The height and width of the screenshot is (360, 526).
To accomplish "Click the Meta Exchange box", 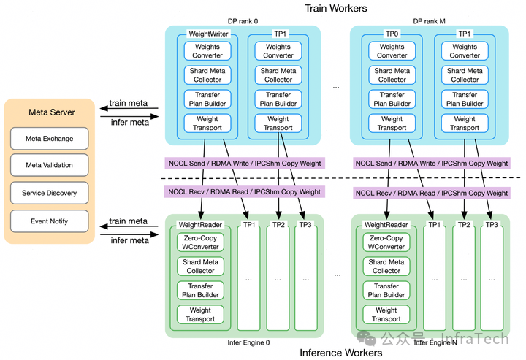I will pyautogui.click(x=49, y=139).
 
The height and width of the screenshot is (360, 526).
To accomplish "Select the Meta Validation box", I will pyautogui.click(x=49, y=166).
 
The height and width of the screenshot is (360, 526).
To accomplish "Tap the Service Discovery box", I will pyautogui.click(x=49, y=193).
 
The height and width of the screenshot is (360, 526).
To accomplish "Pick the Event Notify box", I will pyautogui.click(x=49, y=221).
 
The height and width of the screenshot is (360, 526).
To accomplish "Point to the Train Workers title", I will pyautogui.click(x=335, y=8).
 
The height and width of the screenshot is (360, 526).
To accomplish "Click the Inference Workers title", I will pyautogui.click(x=341, y=353).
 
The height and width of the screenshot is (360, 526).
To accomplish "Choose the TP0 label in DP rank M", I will pyautogui.click(x=392, y=34).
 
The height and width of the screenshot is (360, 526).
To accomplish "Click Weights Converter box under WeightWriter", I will pyautogui.click(x=207, y=51).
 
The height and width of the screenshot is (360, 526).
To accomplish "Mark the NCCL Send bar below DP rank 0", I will pyautogui.click(x=244, y=164).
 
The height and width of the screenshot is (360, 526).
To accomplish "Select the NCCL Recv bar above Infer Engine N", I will pyautogui.click(x=430, y=193).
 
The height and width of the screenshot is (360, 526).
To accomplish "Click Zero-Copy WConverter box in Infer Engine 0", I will pyautogui.click(x=200, y=242).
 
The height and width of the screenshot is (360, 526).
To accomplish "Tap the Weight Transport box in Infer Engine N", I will pyautogui.click(x=386, y=314).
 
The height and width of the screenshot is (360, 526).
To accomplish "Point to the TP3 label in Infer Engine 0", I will pyautogui.click(x=306, y=224).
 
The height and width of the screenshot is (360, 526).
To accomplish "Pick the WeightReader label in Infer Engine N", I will pyautogui.click(x=386, y=224).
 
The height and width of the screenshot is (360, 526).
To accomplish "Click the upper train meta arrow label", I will pyautogui.click(x=128, y=104).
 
